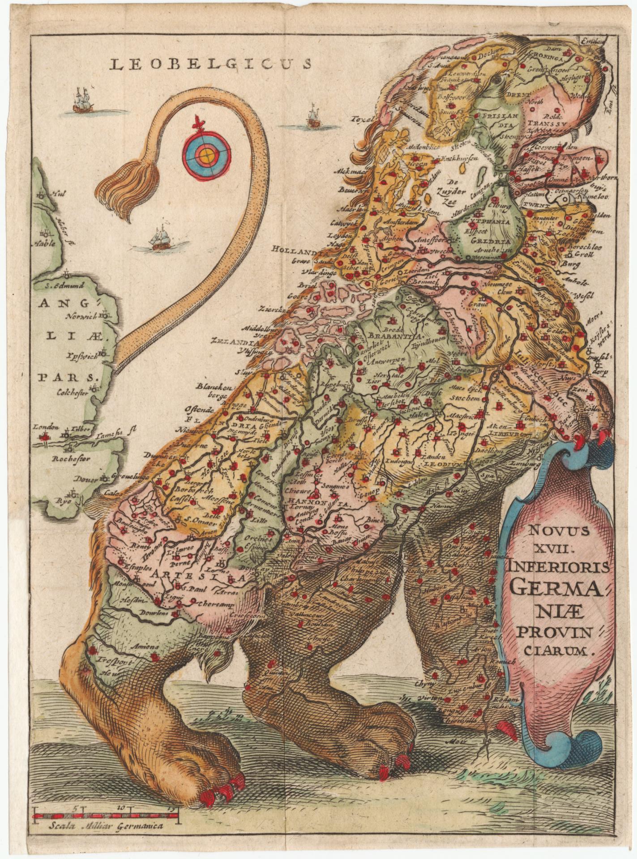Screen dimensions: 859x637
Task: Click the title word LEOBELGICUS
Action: click(x=210, y=64)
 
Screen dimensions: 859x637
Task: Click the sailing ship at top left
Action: click(x=82, y=101)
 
